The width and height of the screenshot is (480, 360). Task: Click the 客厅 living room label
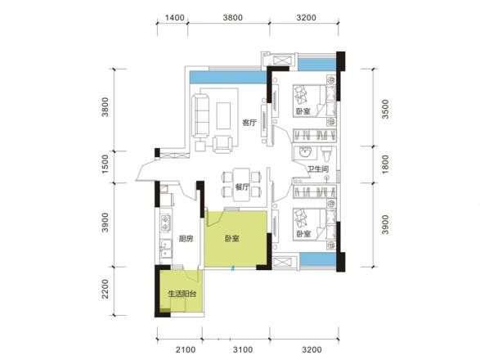click(249, 123)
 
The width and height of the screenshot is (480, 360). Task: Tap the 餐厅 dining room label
click(242, 187)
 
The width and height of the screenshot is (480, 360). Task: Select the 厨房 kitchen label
click(186, 238)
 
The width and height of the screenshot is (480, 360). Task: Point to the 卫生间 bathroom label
click(318, 169)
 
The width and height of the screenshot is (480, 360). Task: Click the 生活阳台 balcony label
click(182, 294)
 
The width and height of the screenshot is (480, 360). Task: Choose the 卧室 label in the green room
click(232, 238)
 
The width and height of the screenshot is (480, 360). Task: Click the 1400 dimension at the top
click(175, 17)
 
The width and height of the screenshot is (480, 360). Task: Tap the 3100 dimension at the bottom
click(243, 349)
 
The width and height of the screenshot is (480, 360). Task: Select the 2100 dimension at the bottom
click(186, 349)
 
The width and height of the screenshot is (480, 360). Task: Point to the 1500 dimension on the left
click(105, 164)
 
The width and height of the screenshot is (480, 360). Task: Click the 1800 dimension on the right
click(385, 164)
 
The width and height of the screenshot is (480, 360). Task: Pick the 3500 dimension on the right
click(385, 109)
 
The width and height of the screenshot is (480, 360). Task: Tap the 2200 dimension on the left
click(105, 289)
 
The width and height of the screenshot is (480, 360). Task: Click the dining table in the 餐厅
click(242, 184)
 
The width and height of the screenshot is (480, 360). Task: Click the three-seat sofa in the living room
click(200, 115)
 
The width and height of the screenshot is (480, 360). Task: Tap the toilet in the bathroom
click(326, 154)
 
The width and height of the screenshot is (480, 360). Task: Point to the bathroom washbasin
click(304, 152)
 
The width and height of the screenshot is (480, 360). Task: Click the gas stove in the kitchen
click(166, 223)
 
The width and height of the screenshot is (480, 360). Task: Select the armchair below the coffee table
click(222, 144)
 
